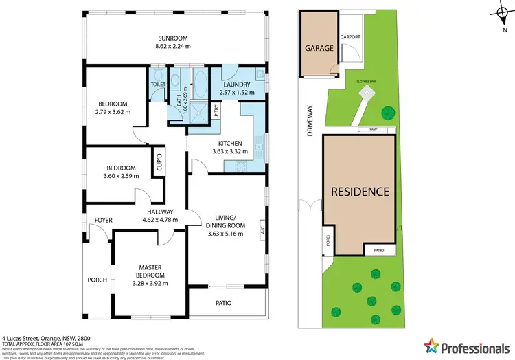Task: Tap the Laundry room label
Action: [x=236, y=84]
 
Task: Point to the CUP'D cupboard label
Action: [x=159, y=163]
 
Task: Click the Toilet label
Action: [x=158, y=85]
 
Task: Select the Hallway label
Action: [x=160, y=212]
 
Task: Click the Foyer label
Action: [x=103, y=220]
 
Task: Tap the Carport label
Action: [x=350, y=38]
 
